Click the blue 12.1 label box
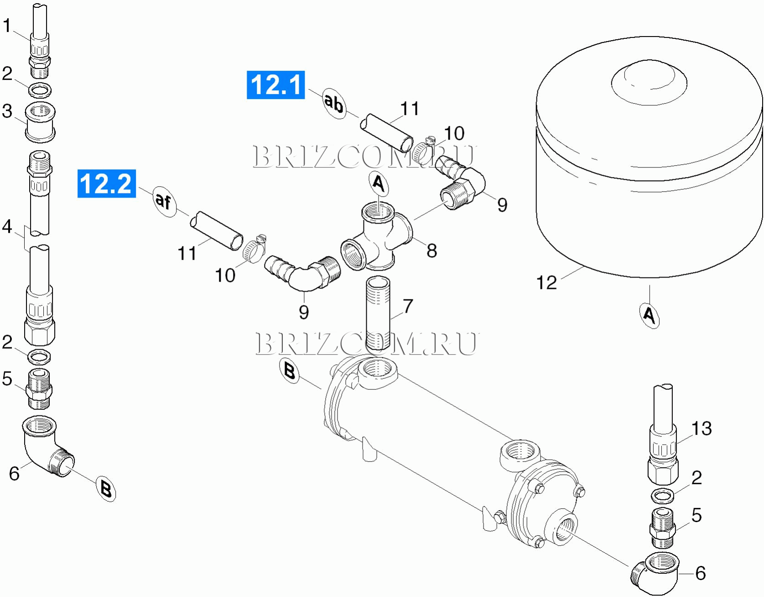tap(275, 85)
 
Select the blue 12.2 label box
tap(107, 183)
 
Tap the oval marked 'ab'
tap(334, 104)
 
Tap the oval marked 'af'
tap(164, 201)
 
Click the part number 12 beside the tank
tap(546, 283)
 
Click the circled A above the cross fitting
tap(379, 184)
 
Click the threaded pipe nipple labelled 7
tap(378, 313)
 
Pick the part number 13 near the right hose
tap(702, 428)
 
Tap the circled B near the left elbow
tap(106, 489)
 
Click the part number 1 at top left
tap(6, 26)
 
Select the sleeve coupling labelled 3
tap(40, 122)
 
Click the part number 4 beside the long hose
tap(7, 226)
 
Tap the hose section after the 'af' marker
tap(217, 230)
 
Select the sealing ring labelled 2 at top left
tap(40, 90)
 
